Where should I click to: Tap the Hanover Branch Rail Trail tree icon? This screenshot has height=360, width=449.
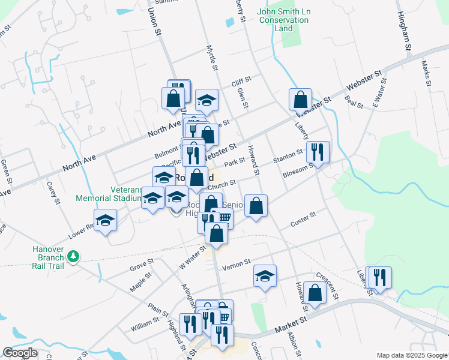73,257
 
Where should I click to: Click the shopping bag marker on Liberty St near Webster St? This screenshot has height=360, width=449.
300,99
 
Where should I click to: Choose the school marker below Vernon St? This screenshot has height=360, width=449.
265,276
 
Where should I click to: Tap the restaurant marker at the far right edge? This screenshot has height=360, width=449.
379,277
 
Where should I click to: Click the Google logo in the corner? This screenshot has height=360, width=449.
20,353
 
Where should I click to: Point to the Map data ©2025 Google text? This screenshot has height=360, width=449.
411,355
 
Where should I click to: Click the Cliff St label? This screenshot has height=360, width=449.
241,79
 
